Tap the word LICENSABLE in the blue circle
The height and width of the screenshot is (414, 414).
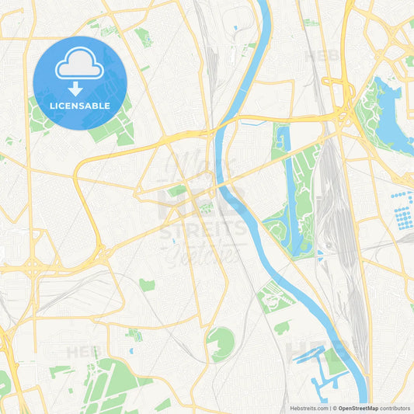pos(80,105)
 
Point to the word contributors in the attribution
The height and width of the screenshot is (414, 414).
pos(395,408)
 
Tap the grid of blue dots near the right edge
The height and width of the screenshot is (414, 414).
pos(402,209)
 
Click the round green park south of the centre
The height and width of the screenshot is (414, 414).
pos(220,343)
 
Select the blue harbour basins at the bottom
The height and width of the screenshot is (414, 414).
pos(315,373)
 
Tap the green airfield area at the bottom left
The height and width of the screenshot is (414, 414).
pos(109,384)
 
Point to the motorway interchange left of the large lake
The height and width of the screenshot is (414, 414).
pos(342,117)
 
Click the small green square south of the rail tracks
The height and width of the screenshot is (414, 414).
pos(147,285)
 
